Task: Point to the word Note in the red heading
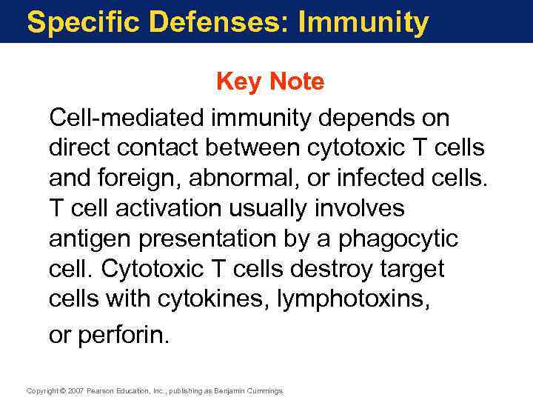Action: (297, 81)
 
